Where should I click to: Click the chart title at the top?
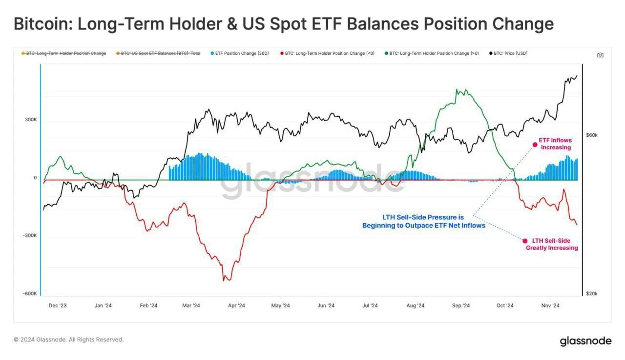284,24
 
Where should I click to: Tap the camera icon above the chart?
600,55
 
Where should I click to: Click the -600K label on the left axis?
30,294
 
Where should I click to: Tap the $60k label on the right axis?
592,135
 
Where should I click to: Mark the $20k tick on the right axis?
592,294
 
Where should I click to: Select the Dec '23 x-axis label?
58,306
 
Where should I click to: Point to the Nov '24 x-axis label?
550,306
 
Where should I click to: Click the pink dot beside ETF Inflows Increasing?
535,144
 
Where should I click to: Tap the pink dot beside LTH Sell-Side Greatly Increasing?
525,241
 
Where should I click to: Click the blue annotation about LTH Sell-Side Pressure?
423,221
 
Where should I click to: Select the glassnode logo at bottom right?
585,340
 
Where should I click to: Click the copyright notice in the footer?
68,339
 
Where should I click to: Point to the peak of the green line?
457,89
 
